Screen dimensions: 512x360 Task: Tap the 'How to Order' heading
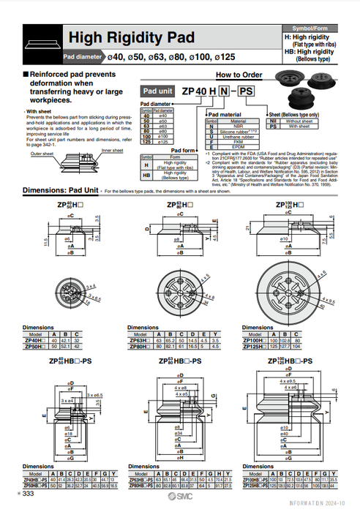[x=239, y=75]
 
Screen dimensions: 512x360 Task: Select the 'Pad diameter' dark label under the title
[x=83, y=56]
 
